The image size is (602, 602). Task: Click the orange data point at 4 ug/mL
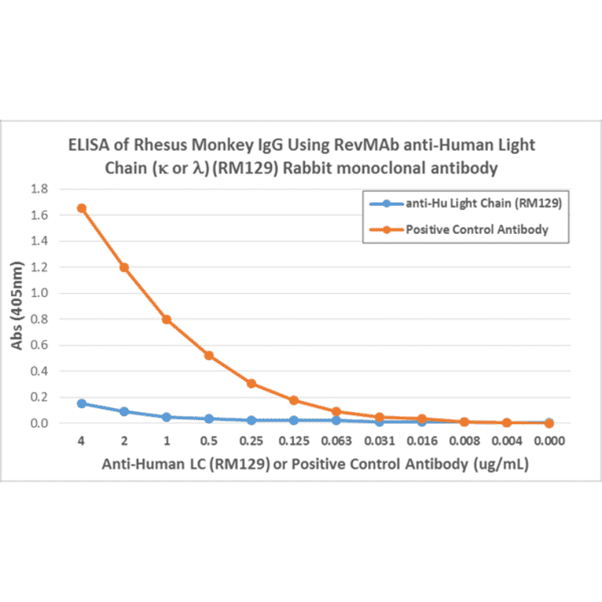tap(81, 208)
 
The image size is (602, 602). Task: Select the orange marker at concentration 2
tap(124, 267)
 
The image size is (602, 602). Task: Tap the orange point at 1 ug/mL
tap(166, 319)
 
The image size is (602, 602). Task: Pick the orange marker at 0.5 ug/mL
tap(209, 355)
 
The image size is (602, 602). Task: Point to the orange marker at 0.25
tap(251, 384)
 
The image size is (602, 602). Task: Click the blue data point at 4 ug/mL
tap(81, 403)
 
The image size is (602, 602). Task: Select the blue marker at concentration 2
tap(124, 411)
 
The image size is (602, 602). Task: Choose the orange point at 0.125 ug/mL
tap(294, 400)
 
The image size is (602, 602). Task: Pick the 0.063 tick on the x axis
tap(336, 441)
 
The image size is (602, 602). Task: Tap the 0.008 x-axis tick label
tap(464, 441)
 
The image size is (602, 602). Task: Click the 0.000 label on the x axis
tap(549, 441)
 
